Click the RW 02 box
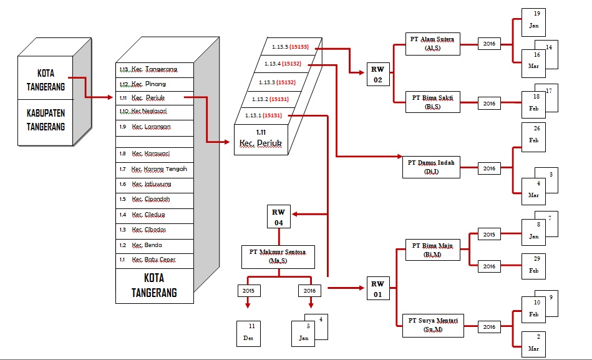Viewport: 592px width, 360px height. tap(378, 73)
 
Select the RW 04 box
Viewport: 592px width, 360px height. tap(278, 216)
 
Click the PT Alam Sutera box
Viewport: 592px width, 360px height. tap(432, 44)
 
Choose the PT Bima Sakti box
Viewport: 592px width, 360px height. tap(432, 102)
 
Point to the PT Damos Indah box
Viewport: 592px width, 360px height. tap(431, 167)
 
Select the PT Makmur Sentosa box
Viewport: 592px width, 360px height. tap(278, 256)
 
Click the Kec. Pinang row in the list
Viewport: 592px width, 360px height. tap(155, 84)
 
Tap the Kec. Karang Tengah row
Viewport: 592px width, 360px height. tap(155, 169)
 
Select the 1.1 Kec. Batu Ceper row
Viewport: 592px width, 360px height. tap(155, 260)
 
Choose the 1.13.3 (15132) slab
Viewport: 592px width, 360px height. tap(278, 82)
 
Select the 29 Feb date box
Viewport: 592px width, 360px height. tap(533, 266)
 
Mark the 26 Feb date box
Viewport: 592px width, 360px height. tap(533, 134)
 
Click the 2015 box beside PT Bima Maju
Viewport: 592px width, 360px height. tap(489, 235)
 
